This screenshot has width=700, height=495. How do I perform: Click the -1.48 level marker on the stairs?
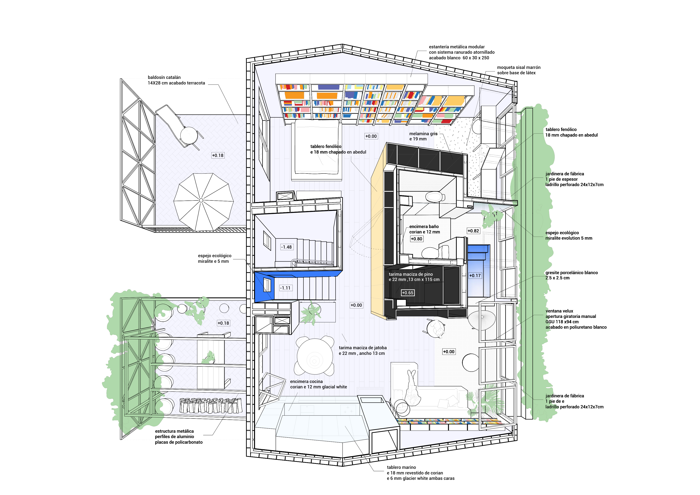287,247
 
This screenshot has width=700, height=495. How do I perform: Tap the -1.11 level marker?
286,288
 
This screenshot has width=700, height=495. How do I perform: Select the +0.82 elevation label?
473,231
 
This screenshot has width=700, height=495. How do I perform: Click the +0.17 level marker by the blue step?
475,275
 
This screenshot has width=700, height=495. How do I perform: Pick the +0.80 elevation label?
416,239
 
